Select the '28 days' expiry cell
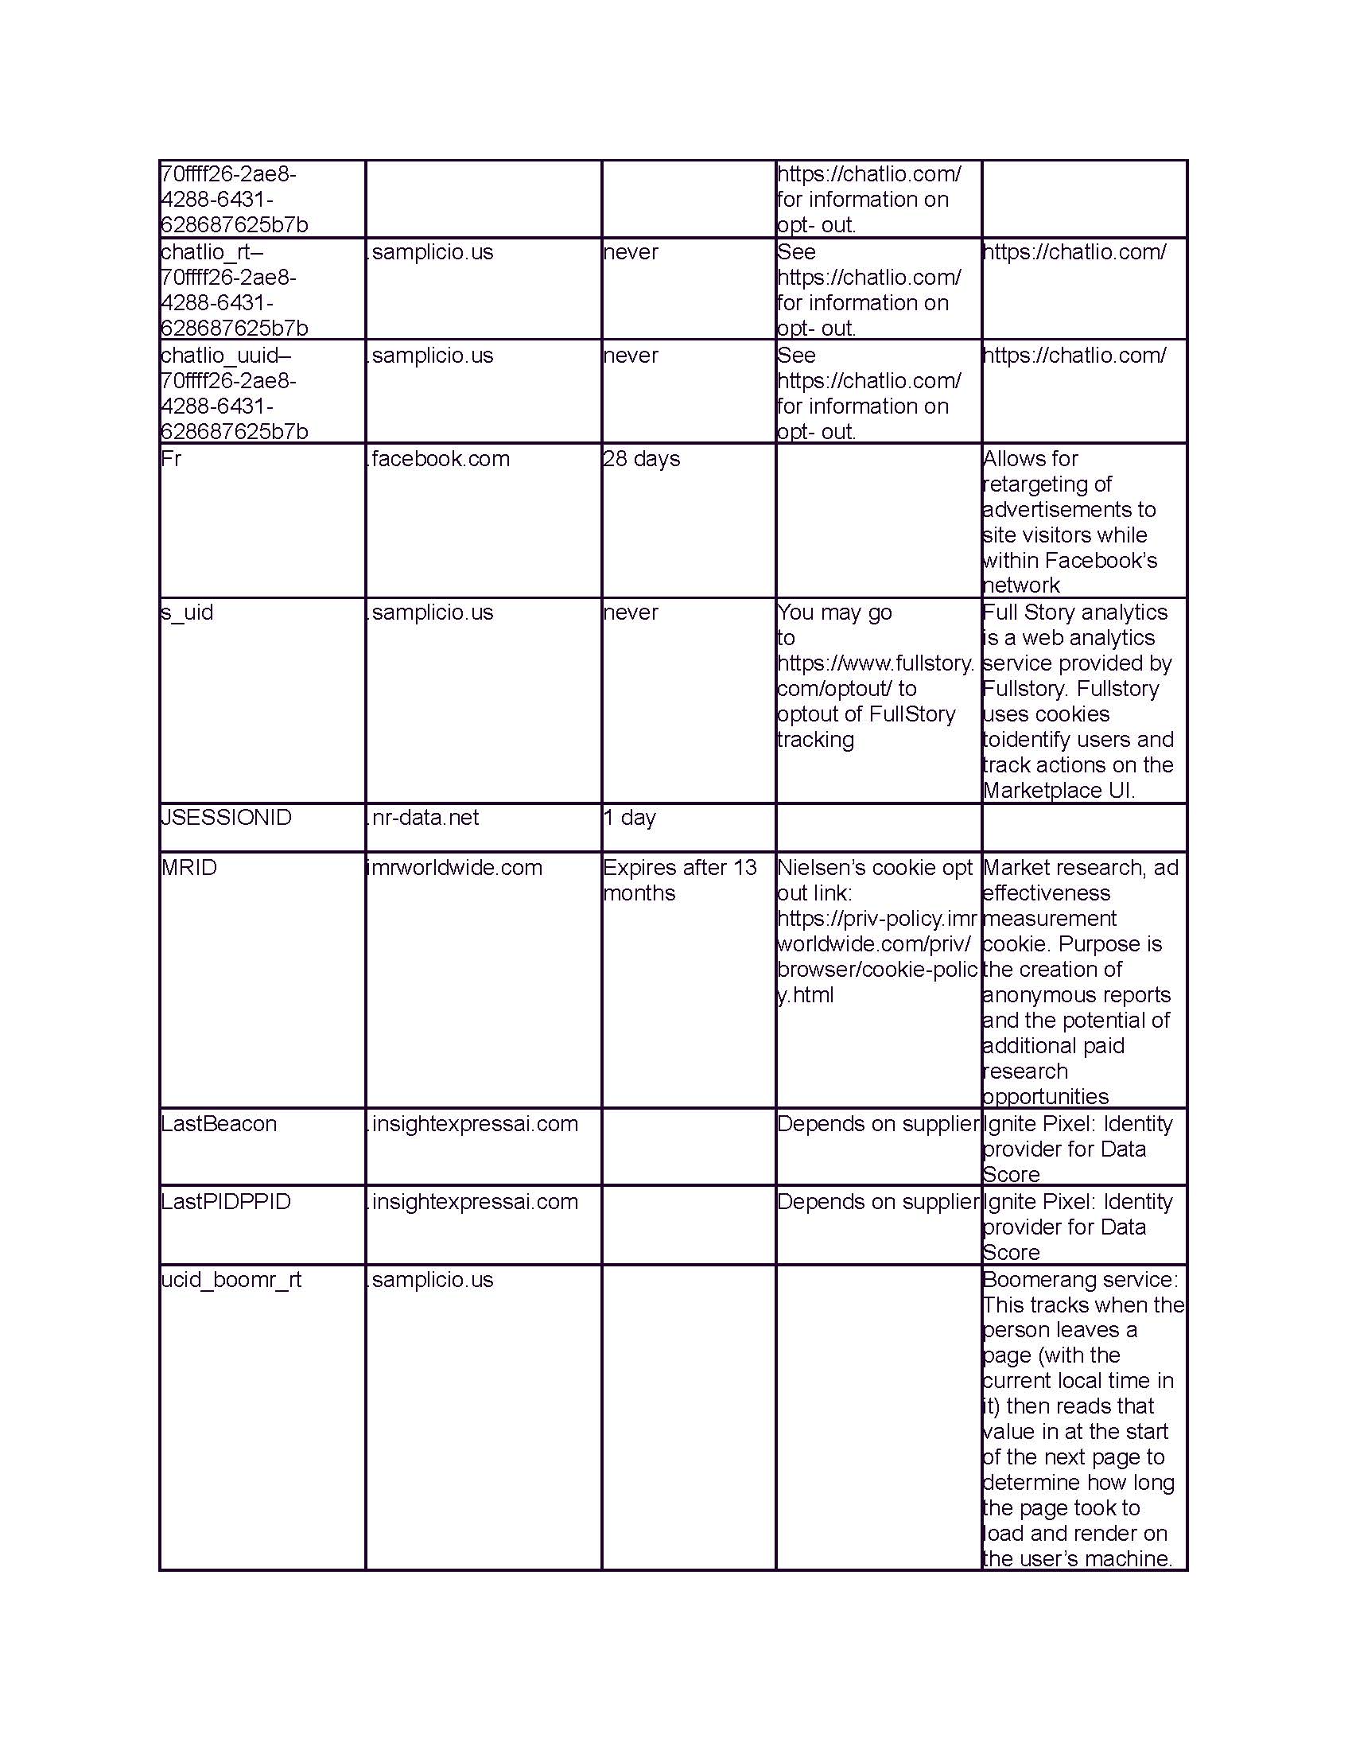click(641, 459)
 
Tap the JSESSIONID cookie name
click(226, 818)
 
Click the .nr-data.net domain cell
click(425, 818)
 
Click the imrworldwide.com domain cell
click(454, 868)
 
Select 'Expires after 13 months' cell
click(679, 880)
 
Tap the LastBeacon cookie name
click(219, 1124)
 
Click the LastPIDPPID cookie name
click(226, 1202)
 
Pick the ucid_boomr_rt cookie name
click(231, 1280)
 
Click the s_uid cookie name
click(187, 613)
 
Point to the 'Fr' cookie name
click(171, 459)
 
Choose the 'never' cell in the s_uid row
click(631, 613)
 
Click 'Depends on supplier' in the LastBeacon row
click(878, 1124)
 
